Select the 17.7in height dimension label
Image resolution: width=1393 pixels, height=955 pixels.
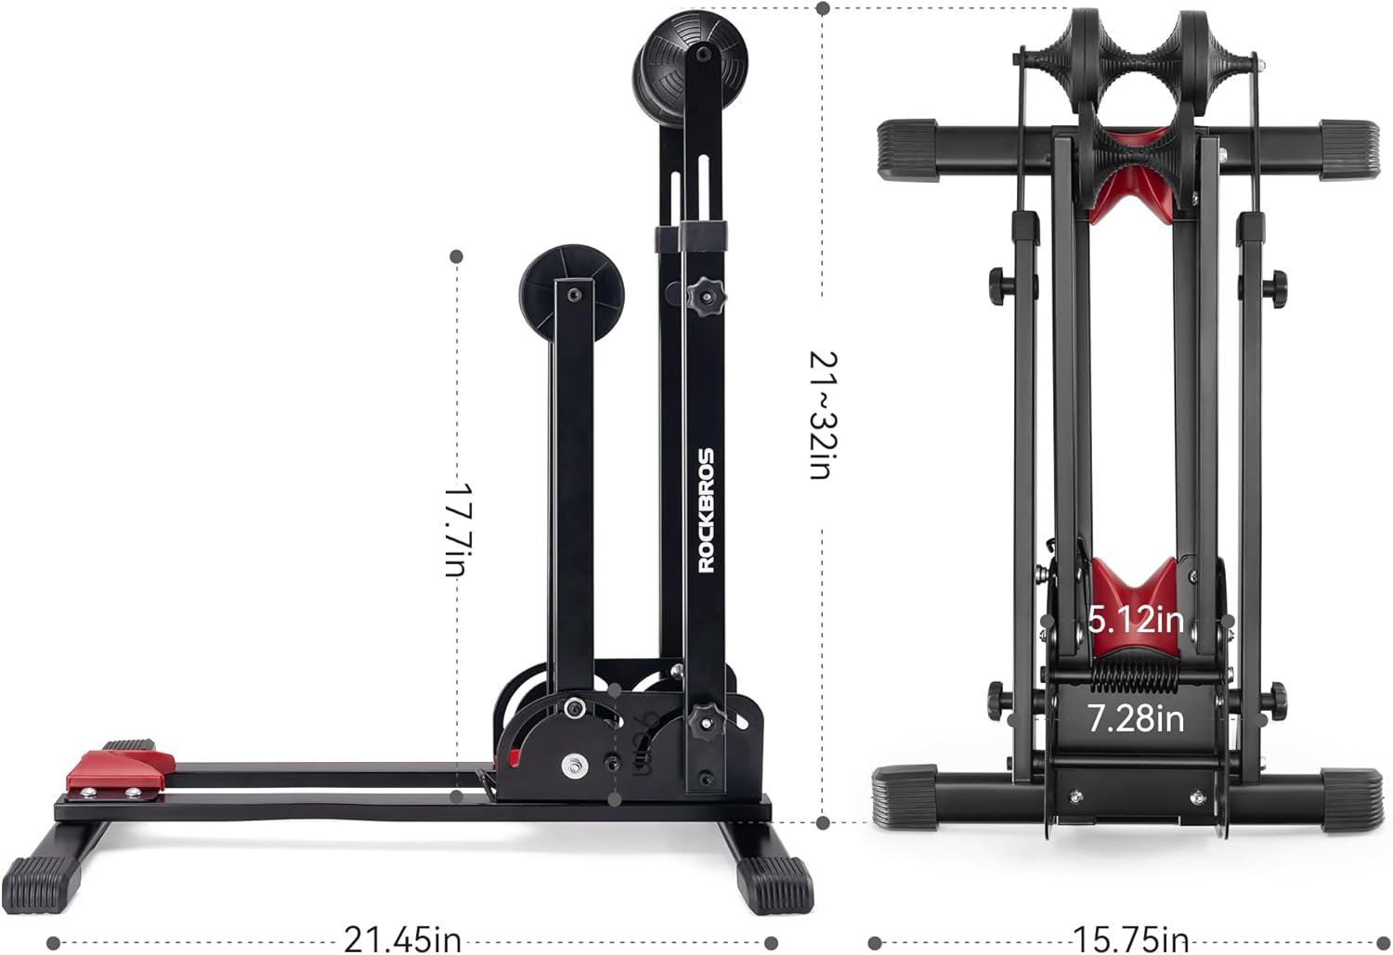[x=456, y=528]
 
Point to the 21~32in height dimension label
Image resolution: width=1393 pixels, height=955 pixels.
[x=822, y=415]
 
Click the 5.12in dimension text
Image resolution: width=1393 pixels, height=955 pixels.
[x=1136, y=619]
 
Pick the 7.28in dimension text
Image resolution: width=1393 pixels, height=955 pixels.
[x=1136, y=717]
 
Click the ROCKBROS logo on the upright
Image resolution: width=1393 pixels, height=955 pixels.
[x=707, y=510]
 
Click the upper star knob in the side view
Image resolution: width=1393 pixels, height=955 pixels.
[x=706, y=297]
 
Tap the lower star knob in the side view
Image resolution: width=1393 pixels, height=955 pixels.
[x=706, y=717]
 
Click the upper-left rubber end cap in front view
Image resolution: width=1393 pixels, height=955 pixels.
[x=907, y=148]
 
